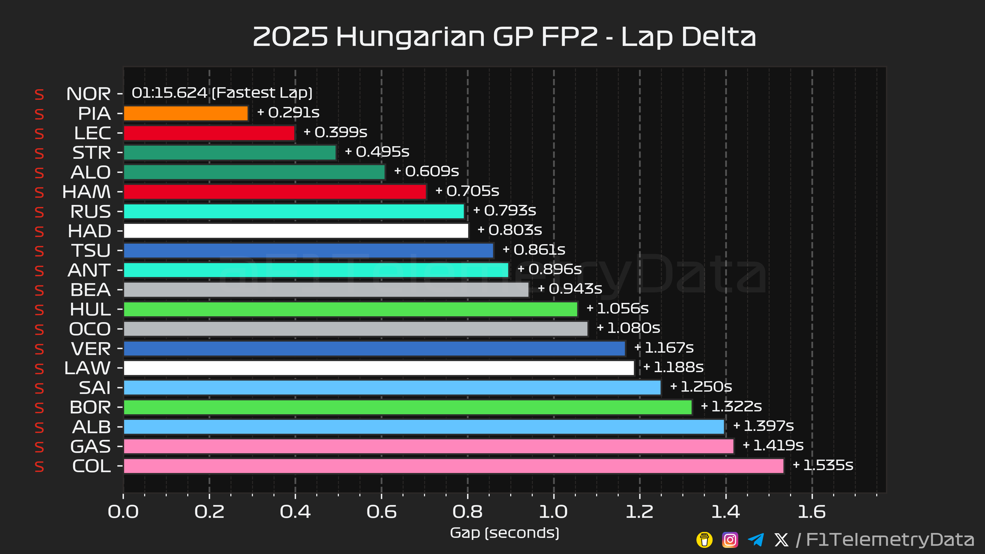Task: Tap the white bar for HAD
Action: [x=296, y=231]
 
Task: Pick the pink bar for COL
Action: [x=454, y=466]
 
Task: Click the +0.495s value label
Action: [x=377, y=152]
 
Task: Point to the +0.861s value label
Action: [x=534, y=250]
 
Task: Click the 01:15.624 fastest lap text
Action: [x=169, y=93]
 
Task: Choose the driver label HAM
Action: [x=86, y=192]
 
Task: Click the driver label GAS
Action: [x=91, y=447]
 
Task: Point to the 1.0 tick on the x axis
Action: [x=553, y=512]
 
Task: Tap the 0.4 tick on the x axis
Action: [x=295, y=512]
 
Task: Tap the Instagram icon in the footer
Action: [x=730, y=540]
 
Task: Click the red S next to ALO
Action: [x=40, y=173]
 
